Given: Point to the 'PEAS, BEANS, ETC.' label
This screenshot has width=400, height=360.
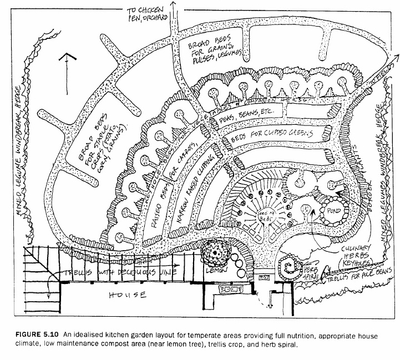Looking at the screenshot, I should click(253, 117).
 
